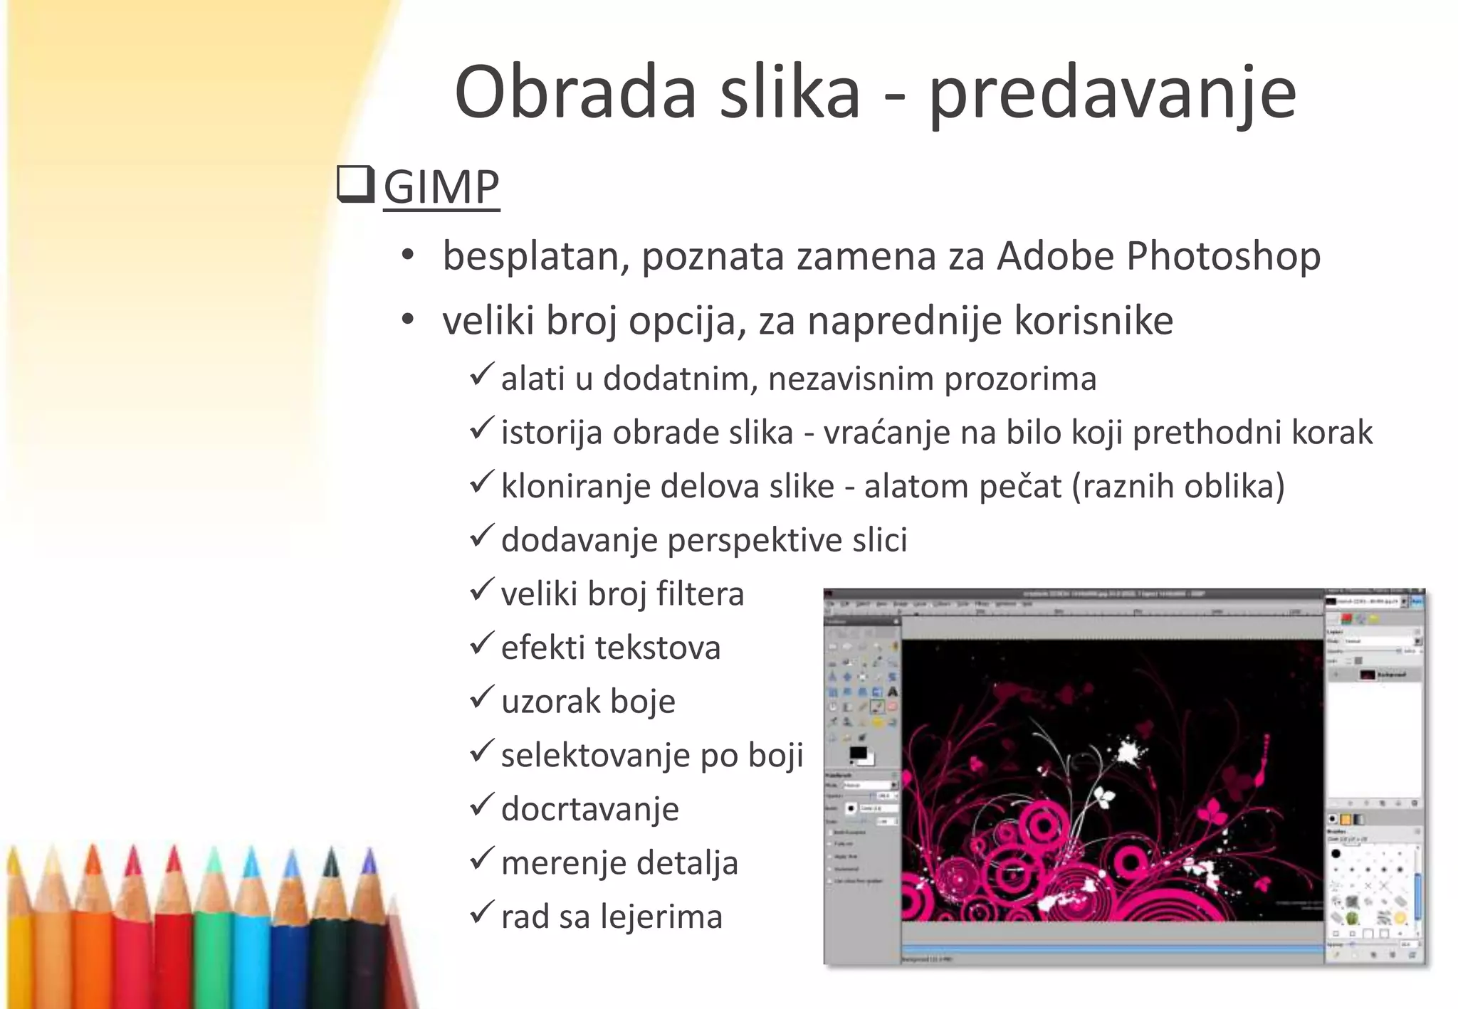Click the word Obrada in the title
tap(575, 93)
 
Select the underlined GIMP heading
tap(441, 187)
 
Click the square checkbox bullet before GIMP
tap(355, 184)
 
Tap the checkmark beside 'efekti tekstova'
tap(482, 644)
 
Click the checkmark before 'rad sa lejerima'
tap(482, 912)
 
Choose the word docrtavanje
tap(589, 809)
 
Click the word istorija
tap(552, 433)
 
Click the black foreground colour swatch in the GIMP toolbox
tap(857, 754)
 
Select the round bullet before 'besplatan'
tap(407, 255)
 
